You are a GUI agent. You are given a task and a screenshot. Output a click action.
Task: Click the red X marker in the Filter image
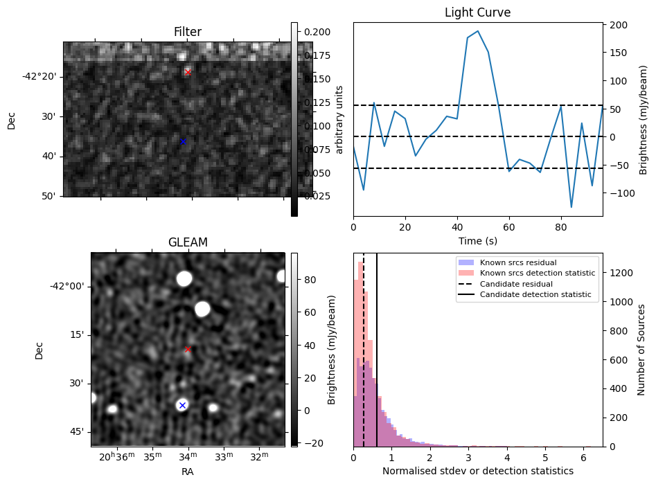pyautogui.click(x=188, y=72)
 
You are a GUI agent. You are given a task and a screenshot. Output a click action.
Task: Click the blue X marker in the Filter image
pyautogui.click(x=183, y=142)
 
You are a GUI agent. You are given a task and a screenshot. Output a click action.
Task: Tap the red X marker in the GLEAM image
pyautogui.click(x=188, y=350)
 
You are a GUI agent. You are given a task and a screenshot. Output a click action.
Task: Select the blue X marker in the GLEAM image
pyautogui.click(x=182, y=406)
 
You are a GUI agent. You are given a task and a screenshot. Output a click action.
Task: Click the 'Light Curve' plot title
pyautogui.click(x=477, y=13)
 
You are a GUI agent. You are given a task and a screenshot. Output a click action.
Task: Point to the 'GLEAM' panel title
pyautogui.click(x=188, y=242)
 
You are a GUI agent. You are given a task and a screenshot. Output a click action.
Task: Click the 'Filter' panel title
pyautogui.click(x=188, y=32)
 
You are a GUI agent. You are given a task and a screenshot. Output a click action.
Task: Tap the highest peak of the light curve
pyautogui.click(x=478, y=31)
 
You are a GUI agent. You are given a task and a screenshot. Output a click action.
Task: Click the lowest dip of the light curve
pyautogui.click(x=571, y=207)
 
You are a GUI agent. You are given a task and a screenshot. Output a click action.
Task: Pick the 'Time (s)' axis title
pyautogui.click(x=477, y=241)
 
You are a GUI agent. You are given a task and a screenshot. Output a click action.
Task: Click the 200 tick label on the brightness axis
pyautogui.click(x=619, y=25)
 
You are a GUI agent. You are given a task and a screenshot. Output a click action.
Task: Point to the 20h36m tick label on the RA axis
pyautogui.click(x=115, y=457)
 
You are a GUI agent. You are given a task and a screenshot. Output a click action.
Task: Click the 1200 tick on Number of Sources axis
pyautogui.click(x=621, y=274)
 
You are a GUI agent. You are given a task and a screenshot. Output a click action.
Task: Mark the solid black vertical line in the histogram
pyautogui.click(x=377, y=346)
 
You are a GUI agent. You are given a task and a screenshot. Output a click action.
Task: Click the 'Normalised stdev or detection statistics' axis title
pyautogui.click(x=477, y=471)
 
